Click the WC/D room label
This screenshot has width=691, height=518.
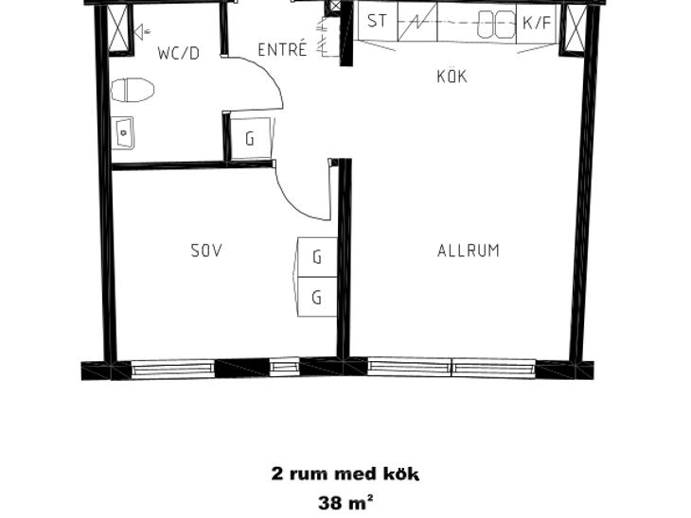pos(179,53)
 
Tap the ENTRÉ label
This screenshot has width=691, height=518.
pos(282,50)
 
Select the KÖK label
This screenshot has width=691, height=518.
pos(452,77)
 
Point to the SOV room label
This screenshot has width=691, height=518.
pos(206,250)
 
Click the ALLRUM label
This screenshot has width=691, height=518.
pos(469,250)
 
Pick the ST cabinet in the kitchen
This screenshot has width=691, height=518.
pos(378,22)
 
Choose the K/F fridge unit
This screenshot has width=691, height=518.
pos(537,23)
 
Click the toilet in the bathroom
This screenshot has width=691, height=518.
pos(133,90)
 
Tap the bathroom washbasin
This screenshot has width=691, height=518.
pos(122,132)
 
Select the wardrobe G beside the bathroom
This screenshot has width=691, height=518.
pos(250,138)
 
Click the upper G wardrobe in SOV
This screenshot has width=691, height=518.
pos(317,257)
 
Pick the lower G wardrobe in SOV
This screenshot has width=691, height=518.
pos(317,297)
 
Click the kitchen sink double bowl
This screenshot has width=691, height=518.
pos(497,25)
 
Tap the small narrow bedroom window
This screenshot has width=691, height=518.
pos(283,368)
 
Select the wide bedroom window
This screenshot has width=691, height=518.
pos(173,369)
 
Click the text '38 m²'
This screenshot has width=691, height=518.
pos(345,502)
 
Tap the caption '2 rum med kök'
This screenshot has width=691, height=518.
pos(345,474)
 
